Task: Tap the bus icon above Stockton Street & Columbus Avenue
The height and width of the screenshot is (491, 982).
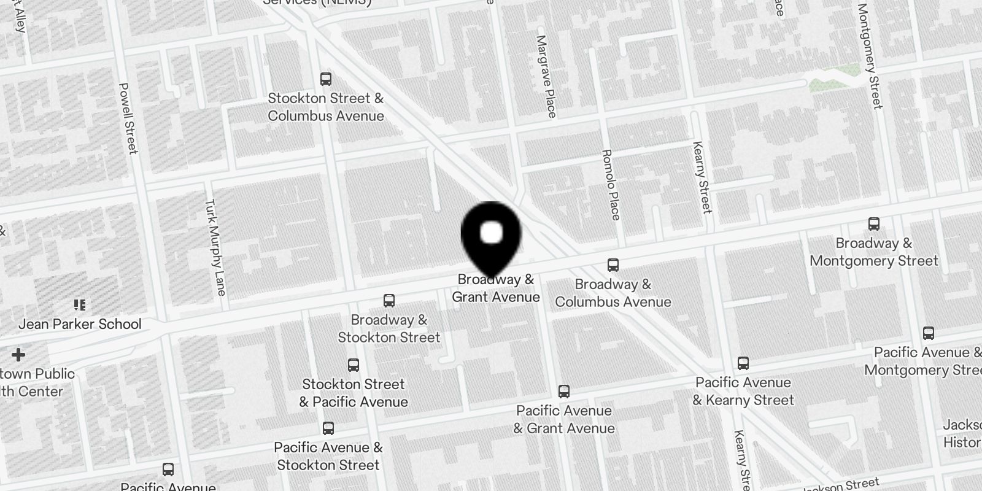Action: click(326, 79)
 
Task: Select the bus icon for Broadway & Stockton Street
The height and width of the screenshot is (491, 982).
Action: click(389, 301)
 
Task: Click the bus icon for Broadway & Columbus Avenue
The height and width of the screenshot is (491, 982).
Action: click(613, 265)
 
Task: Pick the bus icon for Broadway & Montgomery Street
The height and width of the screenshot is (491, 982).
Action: click(874, 224)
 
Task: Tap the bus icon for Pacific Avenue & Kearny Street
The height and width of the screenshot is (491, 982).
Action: click(743, 363)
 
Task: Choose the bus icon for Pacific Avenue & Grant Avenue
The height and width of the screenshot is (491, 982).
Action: click(564, 392)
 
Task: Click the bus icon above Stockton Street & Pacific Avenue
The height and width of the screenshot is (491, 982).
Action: click(353, 365)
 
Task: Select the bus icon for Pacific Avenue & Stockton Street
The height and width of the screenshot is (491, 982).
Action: click(328, 428)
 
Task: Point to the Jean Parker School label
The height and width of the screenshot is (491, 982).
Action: click(80, 324)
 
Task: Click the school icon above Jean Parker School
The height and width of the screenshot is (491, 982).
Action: click(80, 304)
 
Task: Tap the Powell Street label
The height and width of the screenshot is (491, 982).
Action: click(128, 118)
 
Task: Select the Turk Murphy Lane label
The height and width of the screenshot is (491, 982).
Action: click(215, 247)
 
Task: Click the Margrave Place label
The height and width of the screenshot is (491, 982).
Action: click(546, 76)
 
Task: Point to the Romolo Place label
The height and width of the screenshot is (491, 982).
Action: click(611, 184)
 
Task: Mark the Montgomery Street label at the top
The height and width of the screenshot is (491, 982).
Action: click(870, 56)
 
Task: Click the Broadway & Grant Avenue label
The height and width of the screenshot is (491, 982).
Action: click(496, 288)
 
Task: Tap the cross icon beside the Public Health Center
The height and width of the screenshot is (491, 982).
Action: click(18, 355)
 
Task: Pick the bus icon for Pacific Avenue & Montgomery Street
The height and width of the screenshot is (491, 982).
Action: click(929, 333)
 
